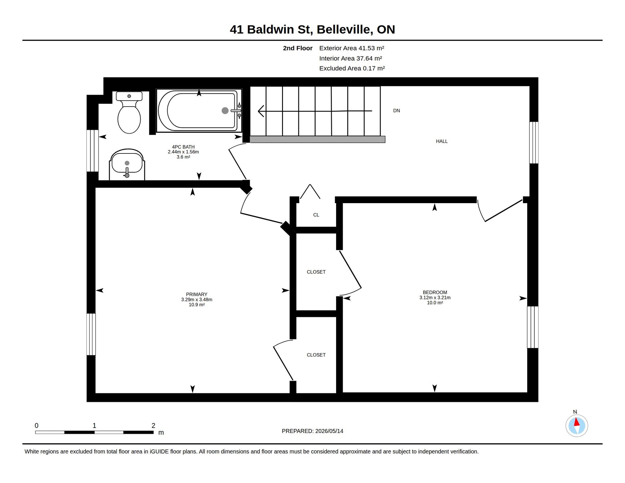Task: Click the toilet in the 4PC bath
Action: [129, 112]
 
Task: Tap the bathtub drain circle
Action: [225, 110]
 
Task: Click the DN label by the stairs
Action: [396, 111]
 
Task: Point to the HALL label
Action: [442, 142]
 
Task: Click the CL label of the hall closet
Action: [316, 215]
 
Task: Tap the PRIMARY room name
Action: [196, 295]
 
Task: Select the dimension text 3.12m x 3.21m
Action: [435, 298]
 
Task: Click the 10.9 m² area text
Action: [196, 305]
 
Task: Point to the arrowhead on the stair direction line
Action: [261, 111]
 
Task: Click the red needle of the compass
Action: [577, 422]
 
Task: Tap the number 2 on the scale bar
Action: [153, 425]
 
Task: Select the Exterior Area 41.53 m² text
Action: [351, 48]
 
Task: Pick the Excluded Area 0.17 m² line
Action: [352, 69]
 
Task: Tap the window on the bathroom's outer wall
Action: [92, 151]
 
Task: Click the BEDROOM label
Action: [435, 292]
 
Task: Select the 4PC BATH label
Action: [183, 147]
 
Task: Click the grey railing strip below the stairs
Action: [318, 139]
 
